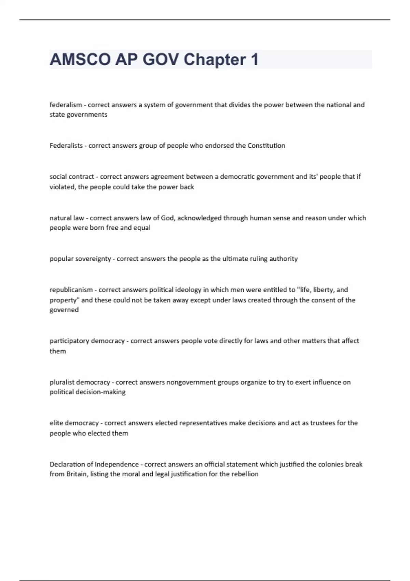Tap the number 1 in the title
point(254,59)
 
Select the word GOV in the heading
point(160,59)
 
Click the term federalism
point(66,105)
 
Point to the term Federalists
point(66,146)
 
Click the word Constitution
point(266,146)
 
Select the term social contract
point(72,177)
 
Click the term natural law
point(67,218)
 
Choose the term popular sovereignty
point(80,259)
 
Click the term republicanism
point(71,290)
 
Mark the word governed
point(64,310)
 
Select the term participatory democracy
point(87,341)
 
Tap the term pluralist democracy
point(80,382)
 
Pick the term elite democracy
point(74,423)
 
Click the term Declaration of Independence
point(94,464)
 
